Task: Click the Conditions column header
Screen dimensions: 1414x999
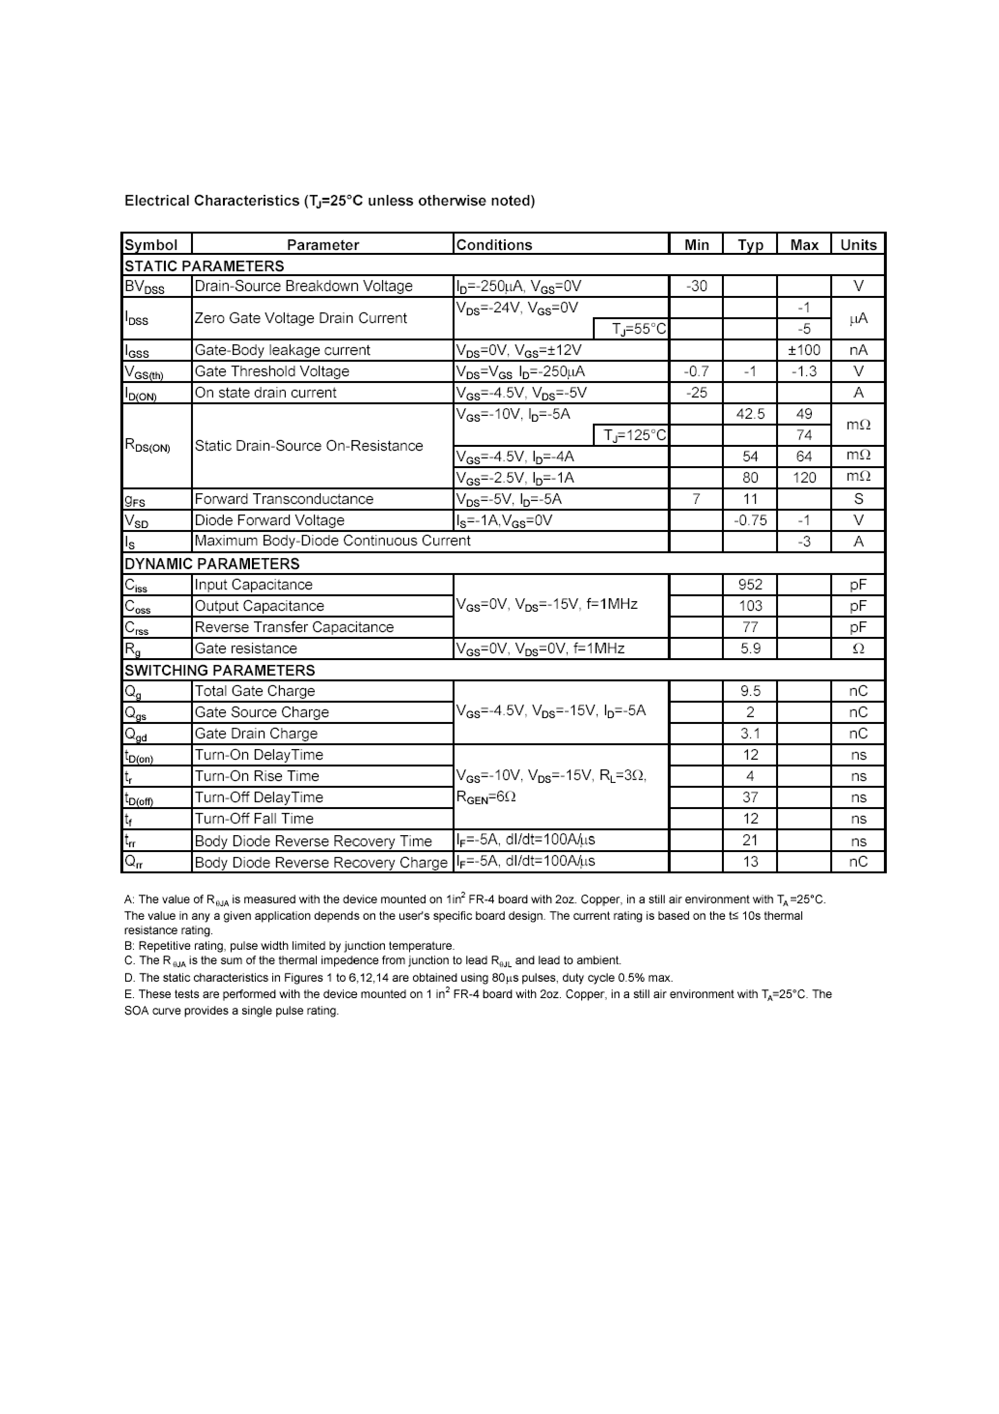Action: pos(494,245)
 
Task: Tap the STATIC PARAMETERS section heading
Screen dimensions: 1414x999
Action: pos(204,266)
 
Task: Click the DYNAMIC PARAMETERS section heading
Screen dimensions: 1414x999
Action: pos(212,563)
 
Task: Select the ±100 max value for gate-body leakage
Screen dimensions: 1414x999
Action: pos(804,350)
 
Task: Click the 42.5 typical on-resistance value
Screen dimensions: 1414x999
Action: pos(749,414)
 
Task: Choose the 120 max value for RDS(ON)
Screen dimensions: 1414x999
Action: pos(804,478)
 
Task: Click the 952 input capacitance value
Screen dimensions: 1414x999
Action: pos(749,585)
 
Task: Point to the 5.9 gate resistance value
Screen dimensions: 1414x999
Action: pos(749,648)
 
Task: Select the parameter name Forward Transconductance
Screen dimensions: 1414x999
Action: pos(284,499)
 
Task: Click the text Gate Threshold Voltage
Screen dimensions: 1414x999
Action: pos(272,371)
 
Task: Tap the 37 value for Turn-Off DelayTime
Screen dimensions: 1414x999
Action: pos(749,797)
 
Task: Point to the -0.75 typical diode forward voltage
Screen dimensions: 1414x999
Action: pos(749,520)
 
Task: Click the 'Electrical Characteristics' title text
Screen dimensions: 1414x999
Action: pos(211,201)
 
